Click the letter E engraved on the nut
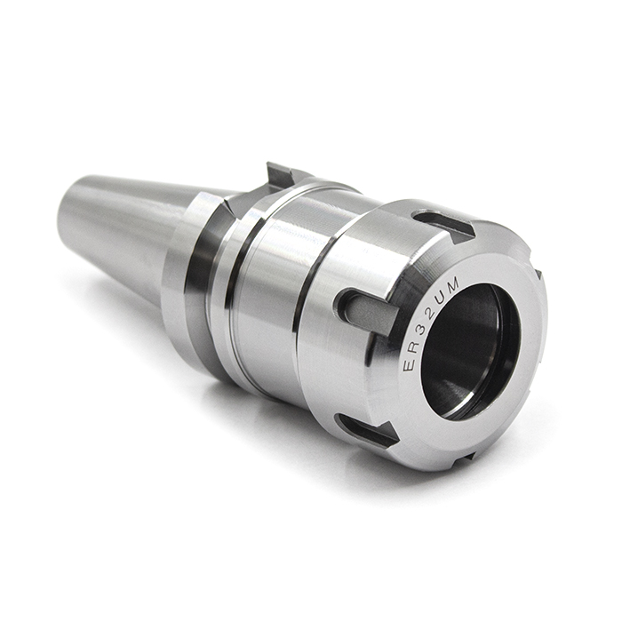411,364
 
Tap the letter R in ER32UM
410,347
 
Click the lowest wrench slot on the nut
366,430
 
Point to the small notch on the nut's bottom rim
462,458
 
